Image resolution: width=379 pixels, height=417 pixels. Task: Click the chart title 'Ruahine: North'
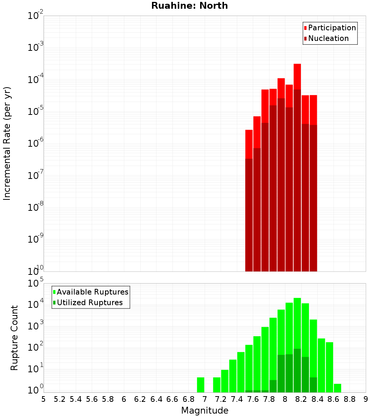click(189, 6)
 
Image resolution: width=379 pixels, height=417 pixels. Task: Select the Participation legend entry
click(330, 28)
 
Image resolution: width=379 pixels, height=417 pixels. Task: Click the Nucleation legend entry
click(326, 38)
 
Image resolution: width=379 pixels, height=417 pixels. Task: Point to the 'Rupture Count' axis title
click(14, 337)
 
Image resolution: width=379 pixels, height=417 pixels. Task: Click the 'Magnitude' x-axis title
click(205, 411)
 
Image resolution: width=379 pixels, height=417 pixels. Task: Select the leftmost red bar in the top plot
click(249, 201)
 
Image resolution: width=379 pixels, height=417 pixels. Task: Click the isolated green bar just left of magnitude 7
click(200, 385)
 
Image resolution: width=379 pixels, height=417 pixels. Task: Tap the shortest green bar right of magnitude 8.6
click(337, 388)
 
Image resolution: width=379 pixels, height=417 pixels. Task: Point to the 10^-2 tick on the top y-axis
click(36, 16)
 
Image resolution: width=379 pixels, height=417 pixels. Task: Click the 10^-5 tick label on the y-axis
click(36, 112)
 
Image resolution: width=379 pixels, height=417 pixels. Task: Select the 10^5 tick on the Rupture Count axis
click(36, 284)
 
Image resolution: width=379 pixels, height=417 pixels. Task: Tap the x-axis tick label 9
click(365, 399)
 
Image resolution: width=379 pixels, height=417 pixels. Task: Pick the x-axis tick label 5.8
click(108, 399)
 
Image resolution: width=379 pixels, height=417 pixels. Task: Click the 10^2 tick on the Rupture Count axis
click(36, 348)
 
